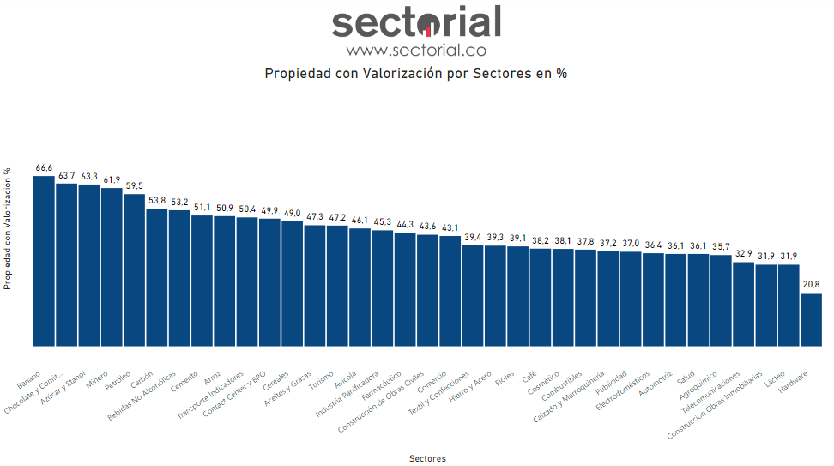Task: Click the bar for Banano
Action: click(x=44, y=261)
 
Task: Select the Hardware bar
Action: click(x=811, y=319)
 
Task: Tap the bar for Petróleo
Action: click(x=134, y=269)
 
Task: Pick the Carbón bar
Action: click(x=156, y=277)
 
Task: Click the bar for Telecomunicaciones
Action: click(x=743, y=304)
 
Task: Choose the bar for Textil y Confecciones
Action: click(x=473, y=295)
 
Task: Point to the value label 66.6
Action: click(x=44, y=168)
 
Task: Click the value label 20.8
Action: click(x=811, y=284)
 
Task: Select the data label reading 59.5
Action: click(x=134, y=185)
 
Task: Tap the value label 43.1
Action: click(x=450, y=227)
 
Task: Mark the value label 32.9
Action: click(x=743, y=254)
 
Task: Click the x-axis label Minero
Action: click(x=97, y=379)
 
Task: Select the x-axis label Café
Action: click(x=529, y=377)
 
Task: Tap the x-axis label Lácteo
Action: click(x=776, y=378)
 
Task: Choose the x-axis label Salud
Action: click(x=686, y=378)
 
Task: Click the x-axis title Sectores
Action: click(x=427, y=458)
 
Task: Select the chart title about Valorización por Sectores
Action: click(x=416, y=73)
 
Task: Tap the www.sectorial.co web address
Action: click(x=416, y=50)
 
